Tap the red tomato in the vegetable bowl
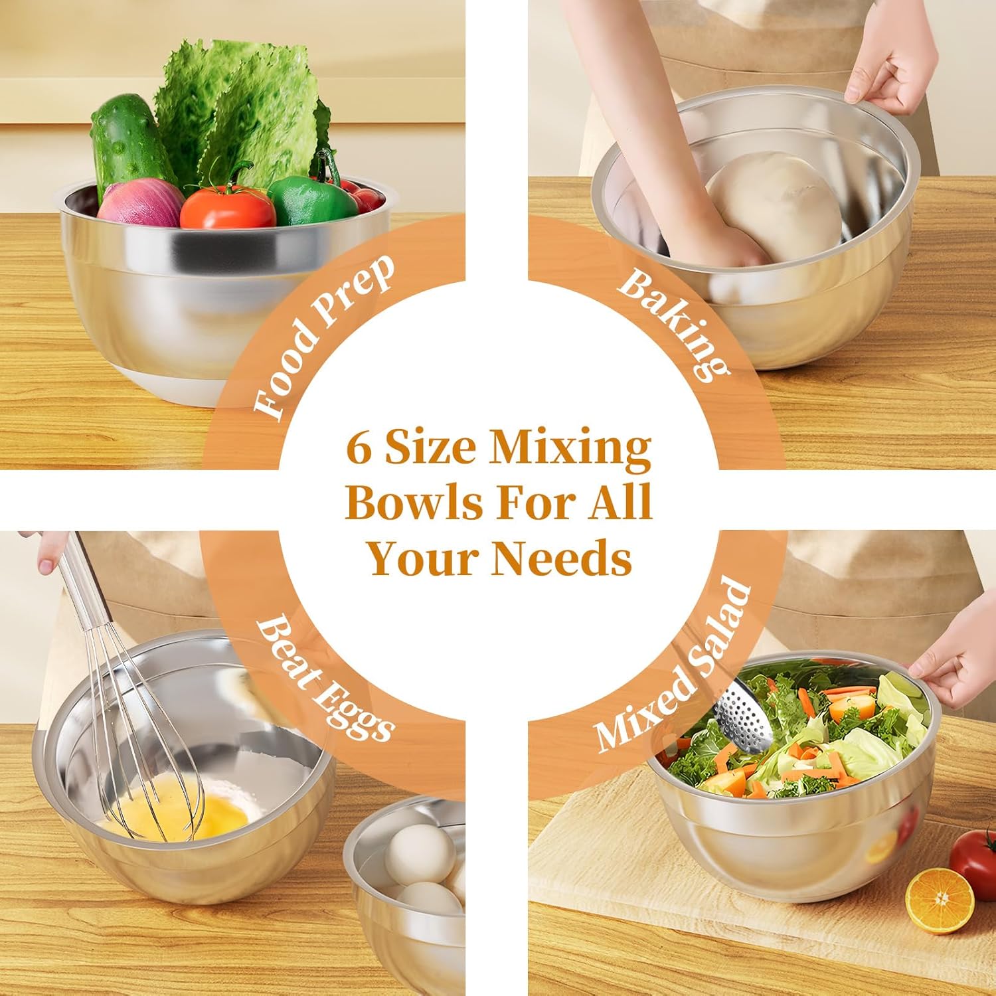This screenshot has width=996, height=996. click(228, 207)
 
